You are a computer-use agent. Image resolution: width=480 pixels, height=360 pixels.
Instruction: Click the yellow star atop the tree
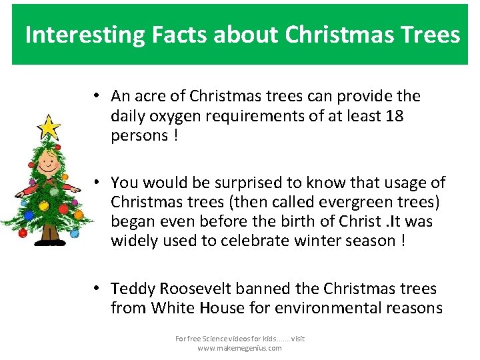click(47, 127)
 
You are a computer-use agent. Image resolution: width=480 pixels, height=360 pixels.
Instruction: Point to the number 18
click(395, 116)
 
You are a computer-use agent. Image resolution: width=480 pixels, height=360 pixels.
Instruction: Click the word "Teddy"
click(133, 289)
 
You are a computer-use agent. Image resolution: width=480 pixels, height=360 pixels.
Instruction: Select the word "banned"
click(291, 289)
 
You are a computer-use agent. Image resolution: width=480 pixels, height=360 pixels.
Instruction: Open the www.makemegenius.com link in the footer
click(239, 348)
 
